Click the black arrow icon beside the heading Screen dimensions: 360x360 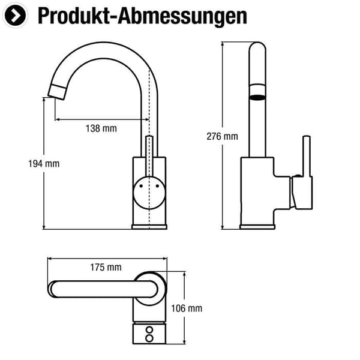coord(15,16)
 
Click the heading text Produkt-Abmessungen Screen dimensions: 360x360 coord(142,16)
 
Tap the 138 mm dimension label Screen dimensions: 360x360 coord(101,128)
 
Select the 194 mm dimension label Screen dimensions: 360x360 coord(44,164)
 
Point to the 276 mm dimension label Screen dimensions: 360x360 coord(222,136)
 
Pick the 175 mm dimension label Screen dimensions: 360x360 coord(106,267)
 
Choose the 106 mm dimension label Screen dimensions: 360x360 coord(187,308)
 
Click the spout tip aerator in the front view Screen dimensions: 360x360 coord(58,92)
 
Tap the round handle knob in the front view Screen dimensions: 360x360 coord(149,193)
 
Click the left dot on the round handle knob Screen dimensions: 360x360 coord(141,186)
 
